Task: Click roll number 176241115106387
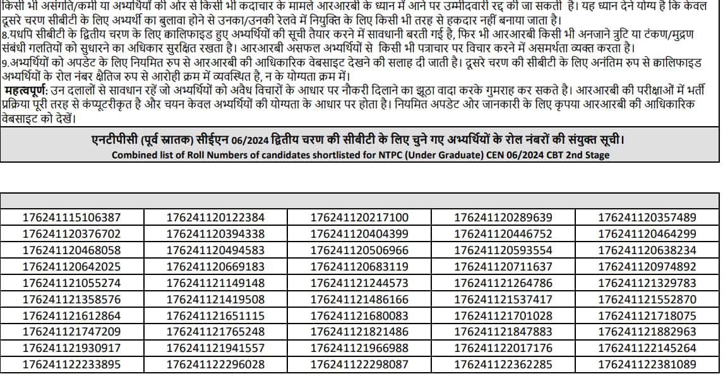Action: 71,218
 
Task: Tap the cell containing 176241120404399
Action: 359,234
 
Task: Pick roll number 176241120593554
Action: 503,250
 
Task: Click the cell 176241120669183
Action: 215,267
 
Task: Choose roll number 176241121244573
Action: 359,283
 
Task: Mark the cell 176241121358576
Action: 71,300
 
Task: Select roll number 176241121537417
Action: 503,300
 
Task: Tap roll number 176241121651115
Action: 215,316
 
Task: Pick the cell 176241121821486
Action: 359,332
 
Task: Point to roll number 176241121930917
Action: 71,348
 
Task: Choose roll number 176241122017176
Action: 503,348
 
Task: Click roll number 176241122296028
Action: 215,365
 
